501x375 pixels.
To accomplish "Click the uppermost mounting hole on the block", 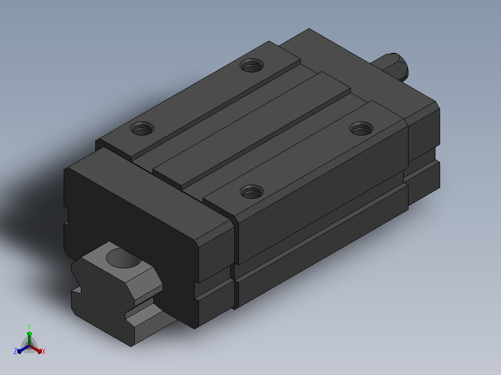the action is [252, 65].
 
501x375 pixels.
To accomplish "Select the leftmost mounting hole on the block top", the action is [142, 128].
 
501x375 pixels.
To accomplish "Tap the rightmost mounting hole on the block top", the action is [362, 128].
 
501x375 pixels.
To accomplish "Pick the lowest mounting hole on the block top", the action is [252, 192].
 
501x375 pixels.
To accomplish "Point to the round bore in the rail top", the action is [124, 258].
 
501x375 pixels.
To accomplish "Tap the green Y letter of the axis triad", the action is [29, 326].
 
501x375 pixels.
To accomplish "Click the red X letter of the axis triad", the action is [44, 351].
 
